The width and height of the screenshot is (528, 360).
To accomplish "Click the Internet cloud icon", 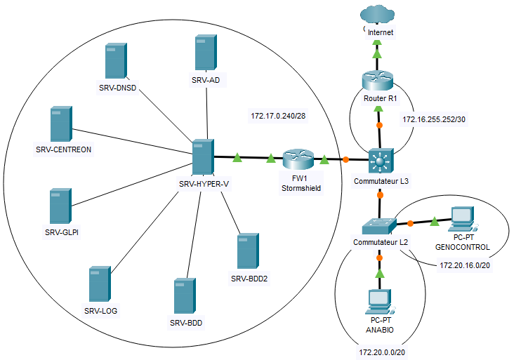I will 378,15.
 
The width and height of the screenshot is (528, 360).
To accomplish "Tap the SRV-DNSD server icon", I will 114,62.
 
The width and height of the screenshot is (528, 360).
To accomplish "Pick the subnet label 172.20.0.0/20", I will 382,350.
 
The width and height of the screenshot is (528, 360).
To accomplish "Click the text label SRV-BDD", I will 185,323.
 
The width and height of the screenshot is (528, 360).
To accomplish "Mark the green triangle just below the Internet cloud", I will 377,53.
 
